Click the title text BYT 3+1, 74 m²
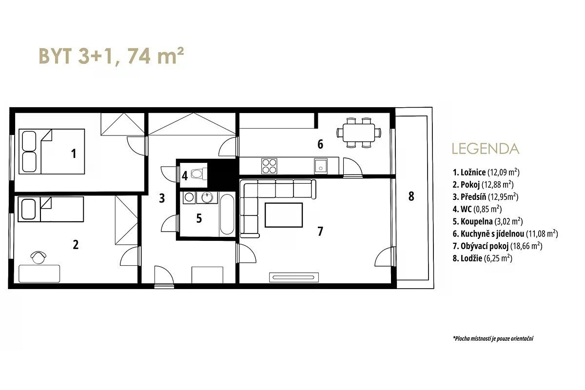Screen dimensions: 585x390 click(111, 56)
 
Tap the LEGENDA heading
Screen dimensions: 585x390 click(486, 149)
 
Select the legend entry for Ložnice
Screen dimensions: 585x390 click(486, 173)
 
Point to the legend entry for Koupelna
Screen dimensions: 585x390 click(487, 221)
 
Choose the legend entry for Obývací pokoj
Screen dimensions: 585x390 click(498, 246)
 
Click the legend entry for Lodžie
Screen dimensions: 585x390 click(482, 258)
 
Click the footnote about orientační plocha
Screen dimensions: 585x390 click(493, 339)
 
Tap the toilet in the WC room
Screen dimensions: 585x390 click(199, 174)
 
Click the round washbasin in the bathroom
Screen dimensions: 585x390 click(207, 197)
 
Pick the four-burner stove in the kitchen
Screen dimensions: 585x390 click(269, 166)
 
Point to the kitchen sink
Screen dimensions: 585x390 click(321, 166)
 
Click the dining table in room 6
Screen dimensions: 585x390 click(359, 133)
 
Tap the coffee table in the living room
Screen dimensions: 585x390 click(284, 215)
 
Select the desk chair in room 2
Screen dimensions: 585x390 click(39, 257)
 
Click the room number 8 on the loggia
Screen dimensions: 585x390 click(411, 196)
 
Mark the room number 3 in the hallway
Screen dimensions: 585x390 click(162, 198)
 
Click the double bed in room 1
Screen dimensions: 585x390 click(52, 152)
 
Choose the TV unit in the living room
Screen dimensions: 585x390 click(294, 277)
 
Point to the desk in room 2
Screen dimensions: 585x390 click(39, 273)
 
